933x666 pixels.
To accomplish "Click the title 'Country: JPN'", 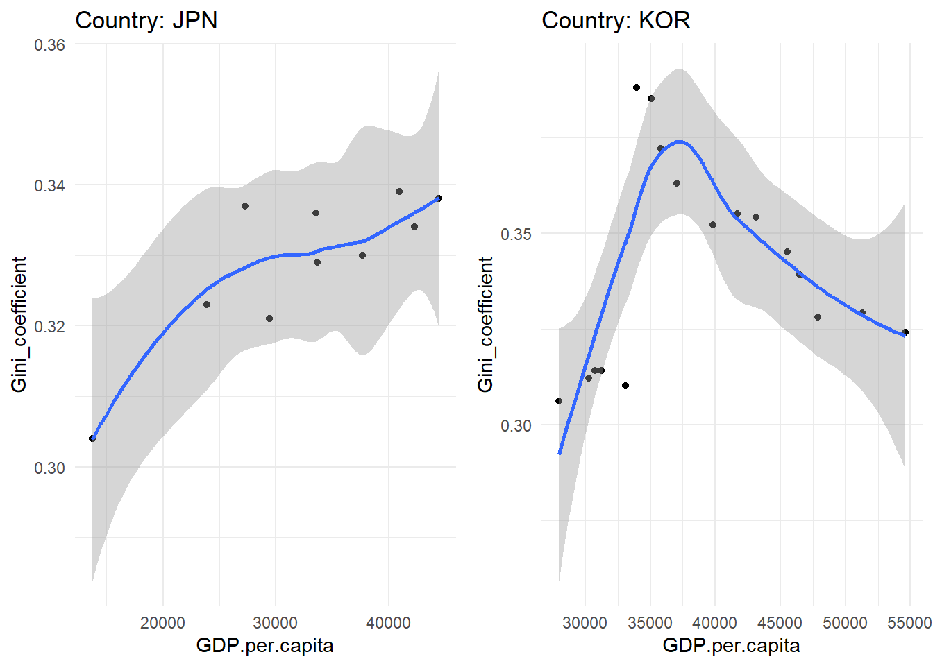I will click(146, 20).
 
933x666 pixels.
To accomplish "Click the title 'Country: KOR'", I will click(616, 20).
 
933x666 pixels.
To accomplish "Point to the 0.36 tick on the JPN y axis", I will click(49, 45).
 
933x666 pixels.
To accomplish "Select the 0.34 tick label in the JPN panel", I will click(49, 185).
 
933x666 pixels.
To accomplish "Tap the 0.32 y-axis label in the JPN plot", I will click(49, 326).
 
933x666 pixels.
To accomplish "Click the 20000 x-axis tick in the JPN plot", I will click(162, 622).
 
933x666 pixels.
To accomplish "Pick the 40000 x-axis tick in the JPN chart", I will click(388, 622).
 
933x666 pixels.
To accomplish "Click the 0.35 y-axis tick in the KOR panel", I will click(516, 234).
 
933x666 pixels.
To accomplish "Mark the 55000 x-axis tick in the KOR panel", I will click(909, 622).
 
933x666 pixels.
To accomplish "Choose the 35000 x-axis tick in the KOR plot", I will click(650, 622).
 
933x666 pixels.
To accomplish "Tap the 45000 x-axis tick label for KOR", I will click(780, 622).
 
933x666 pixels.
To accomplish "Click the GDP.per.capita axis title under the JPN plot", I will click(264, 646).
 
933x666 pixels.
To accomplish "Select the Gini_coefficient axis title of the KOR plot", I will click(485, 325).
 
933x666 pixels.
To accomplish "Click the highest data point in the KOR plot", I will click(637, 87).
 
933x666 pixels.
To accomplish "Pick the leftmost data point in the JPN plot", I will click(92, 438).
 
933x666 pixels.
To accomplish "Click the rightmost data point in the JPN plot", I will click(439, 198).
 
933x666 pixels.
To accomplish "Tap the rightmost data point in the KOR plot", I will click(905, 332).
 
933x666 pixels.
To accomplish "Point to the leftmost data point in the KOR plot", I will click(559, 401).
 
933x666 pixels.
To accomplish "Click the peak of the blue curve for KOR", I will click(680, 142).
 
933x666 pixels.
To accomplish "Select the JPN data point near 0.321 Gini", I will click(269, 318).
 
